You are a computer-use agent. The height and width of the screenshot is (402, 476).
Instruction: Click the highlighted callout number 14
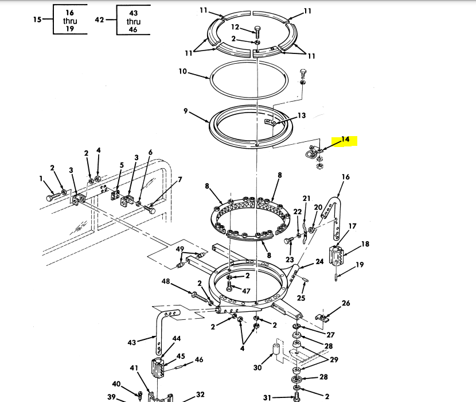click(345, 140)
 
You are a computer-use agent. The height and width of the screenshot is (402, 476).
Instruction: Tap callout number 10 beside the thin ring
click(182, 71)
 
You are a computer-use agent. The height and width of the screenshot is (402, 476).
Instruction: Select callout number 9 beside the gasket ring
click(185, 111)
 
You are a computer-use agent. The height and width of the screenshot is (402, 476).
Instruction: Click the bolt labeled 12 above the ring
click(257, 32)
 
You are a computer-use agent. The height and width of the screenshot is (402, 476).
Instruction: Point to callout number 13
click(302, 115)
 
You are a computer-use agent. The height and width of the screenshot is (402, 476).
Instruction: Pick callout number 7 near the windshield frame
click(180, 180)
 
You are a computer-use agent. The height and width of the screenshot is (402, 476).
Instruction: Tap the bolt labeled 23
click(288, 241)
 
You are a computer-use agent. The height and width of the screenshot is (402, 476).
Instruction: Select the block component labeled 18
click(336, 256)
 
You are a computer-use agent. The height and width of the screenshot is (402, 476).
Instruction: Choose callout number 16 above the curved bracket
click(345, 177)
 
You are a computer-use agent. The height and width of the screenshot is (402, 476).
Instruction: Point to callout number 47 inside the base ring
click(246, 291)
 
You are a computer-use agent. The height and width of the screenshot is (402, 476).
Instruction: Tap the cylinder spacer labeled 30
click(276, 349)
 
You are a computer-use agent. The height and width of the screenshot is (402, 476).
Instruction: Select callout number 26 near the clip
click(346, 303)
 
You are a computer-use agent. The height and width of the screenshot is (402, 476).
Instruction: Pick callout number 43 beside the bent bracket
click(132, 343)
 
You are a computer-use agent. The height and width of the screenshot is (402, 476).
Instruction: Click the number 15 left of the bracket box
click(37, 20)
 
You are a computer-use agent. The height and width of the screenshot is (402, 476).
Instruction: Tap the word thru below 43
click(134, 22)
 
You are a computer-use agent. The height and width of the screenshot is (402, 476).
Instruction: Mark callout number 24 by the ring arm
click(319, 262)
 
